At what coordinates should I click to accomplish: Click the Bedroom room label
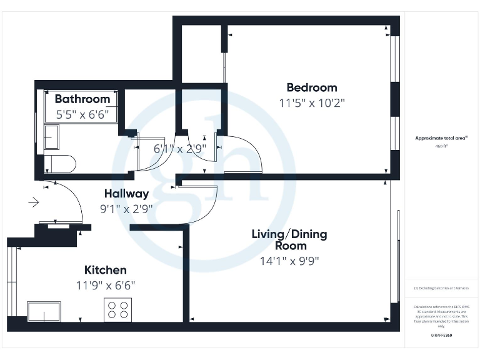pos(311,87)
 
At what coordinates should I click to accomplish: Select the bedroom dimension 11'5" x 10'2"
pos(311,102)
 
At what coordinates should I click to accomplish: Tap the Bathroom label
pos(82,99)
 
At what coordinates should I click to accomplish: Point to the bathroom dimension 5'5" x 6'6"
pos(82,114)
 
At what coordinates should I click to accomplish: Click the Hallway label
pos(126,194)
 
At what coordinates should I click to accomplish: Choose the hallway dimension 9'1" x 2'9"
pos(126,209)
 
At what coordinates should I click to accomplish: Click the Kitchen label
pos(106,270)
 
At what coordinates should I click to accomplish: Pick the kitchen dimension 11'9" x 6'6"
pos(106,285)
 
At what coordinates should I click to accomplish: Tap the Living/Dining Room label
pos(289,240)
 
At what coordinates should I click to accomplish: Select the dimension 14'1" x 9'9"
pos(289,261)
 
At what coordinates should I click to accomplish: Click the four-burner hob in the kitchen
pos(117,310)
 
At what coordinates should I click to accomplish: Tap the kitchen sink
pos(44,311)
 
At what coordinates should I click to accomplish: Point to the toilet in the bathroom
pos(60,164)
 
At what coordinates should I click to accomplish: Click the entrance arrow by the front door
pos(33,202)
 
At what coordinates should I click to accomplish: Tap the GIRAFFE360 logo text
pos(441,336)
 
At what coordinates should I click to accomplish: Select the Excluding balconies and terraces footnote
pos(441,288)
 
